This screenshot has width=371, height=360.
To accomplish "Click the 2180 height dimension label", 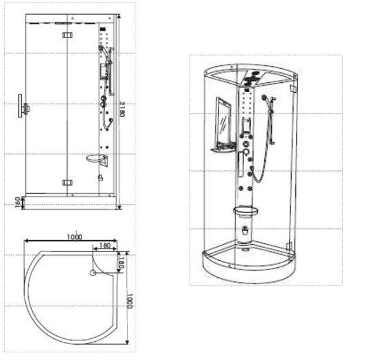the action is click(x=122, y=109).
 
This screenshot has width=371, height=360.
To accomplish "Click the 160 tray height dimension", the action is click(x=18, y=203).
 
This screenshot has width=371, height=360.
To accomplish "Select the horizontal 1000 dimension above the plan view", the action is click(x=75, y=237).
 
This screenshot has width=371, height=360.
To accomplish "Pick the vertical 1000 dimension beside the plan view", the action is click(x=130, y=301).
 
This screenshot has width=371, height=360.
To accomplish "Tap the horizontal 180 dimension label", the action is click(x=105, y=245).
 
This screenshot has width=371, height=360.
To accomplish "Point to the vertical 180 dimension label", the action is click(x=121, y=263).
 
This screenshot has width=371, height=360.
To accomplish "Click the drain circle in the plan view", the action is click(x=93, y=273).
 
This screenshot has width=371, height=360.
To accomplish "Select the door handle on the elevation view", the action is click(x=23, y=106).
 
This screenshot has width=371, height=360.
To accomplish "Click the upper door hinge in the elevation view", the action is click(x=68, y=35).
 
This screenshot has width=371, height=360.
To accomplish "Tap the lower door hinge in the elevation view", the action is click(x=68, y=183).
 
